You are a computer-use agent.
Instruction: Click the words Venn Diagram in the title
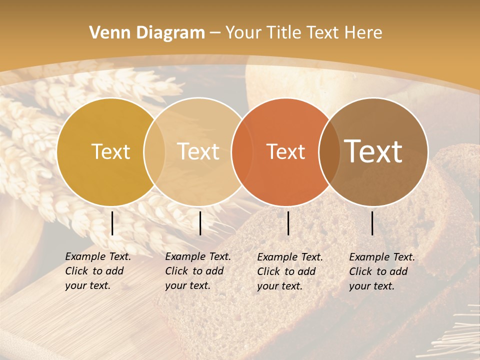pyautogui.click(x=147, y=33)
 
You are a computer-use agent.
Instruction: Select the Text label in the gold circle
pyautogui.click(x=110, y=151)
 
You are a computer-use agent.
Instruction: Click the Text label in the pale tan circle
pyautogui.click(x=198, y=151)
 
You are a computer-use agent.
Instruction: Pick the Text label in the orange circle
pyautogui.click(x=285, y=151)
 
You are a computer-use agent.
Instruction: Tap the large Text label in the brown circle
pyautogui.click(x=373, y=151)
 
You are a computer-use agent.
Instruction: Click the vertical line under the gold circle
pyautogui.click(x=112, y=223)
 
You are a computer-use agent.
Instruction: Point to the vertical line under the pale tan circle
pyautogui.click(x=200, y=223)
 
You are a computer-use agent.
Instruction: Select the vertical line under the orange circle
pyautogui.click(x=288, y=223)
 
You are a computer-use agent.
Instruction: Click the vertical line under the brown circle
pyautogui.click(x=372, y=223)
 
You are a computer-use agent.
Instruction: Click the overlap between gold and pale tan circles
pyautogui.click(x=154, y=151)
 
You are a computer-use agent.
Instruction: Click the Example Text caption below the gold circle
pyautogui.click(x=97, y=271)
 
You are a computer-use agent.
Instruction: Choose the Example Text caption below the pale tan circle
pyautogui.click(x=197, y=271)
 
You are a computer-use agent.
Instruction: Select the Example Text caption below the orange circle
pyautogui.click(x=289, y=271)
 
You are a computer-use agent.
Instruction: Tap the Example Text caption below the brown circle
pyautogui.click(x=381, y=271)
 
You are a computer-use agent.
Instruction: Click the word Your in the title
pyautogui.click(x=243, y=33)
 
